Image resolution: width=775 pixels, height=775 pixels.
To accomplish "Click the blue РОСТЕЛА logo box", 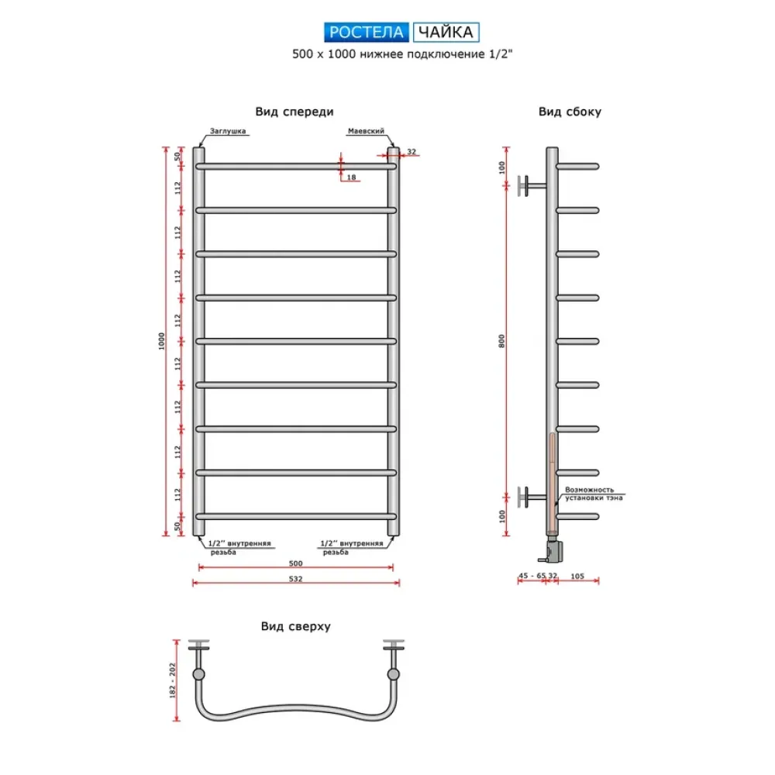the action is point(367,32).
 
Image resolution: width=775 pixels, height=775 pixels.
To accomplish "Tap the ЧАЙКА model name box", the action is point(446,32).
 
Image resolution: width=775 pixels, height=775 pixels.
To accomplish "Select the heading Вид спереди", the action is point(294,112).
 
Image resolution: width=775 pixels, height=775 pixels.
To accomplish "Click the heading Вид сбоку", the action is point(570,112).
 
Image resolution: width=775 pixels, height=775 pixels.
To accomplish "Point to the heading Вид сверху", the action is point(295,626).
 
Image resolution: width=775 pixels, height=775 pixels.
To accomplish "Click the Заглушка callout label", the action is point(228,131).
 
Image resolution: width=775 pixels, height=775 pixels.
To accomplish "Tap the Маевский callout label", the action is point(366,131).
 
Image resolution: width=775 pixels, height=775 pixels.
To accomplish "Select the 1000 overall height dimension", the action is point(162,341).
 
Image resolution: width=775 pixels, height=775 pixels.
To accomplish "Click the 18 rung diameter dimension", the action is point(351,177).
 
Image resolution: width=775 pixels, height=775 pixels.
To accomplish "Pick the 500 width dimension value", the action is point(295,563).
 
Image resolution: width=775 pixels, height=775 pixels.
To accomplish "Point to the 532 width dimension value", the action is point(295,579).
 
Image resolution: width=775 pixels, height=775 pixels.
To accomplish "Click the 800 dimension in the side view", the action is point(501,341).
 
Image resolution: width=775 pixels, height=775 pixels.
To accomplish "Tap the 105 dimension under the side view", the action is point(577,576).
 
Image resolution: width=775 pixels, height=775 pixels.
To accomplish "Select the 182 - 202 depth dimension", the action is point(173,680).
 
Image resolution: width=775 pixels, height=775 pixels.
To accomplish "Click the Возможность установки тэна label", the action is point(594,494).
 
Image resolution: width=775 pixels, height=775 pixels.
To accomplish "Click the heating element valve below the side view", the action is point(552,550).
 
